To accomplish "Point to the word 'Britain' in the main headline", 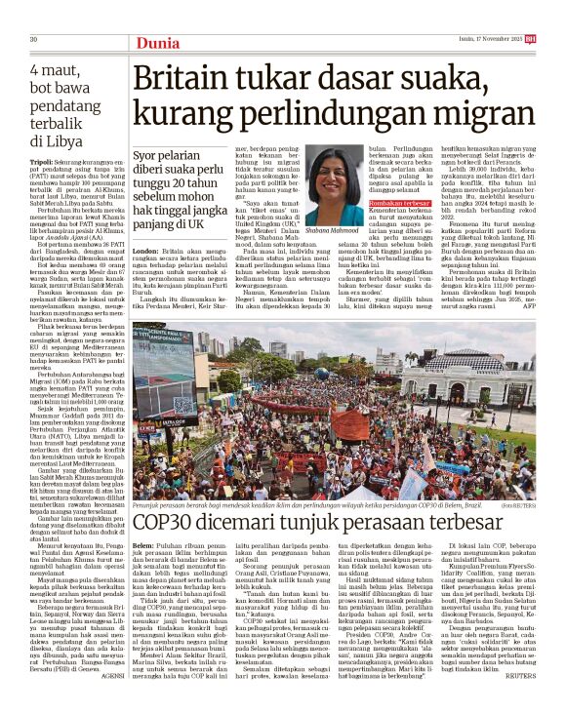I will [x=187, y=80].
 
